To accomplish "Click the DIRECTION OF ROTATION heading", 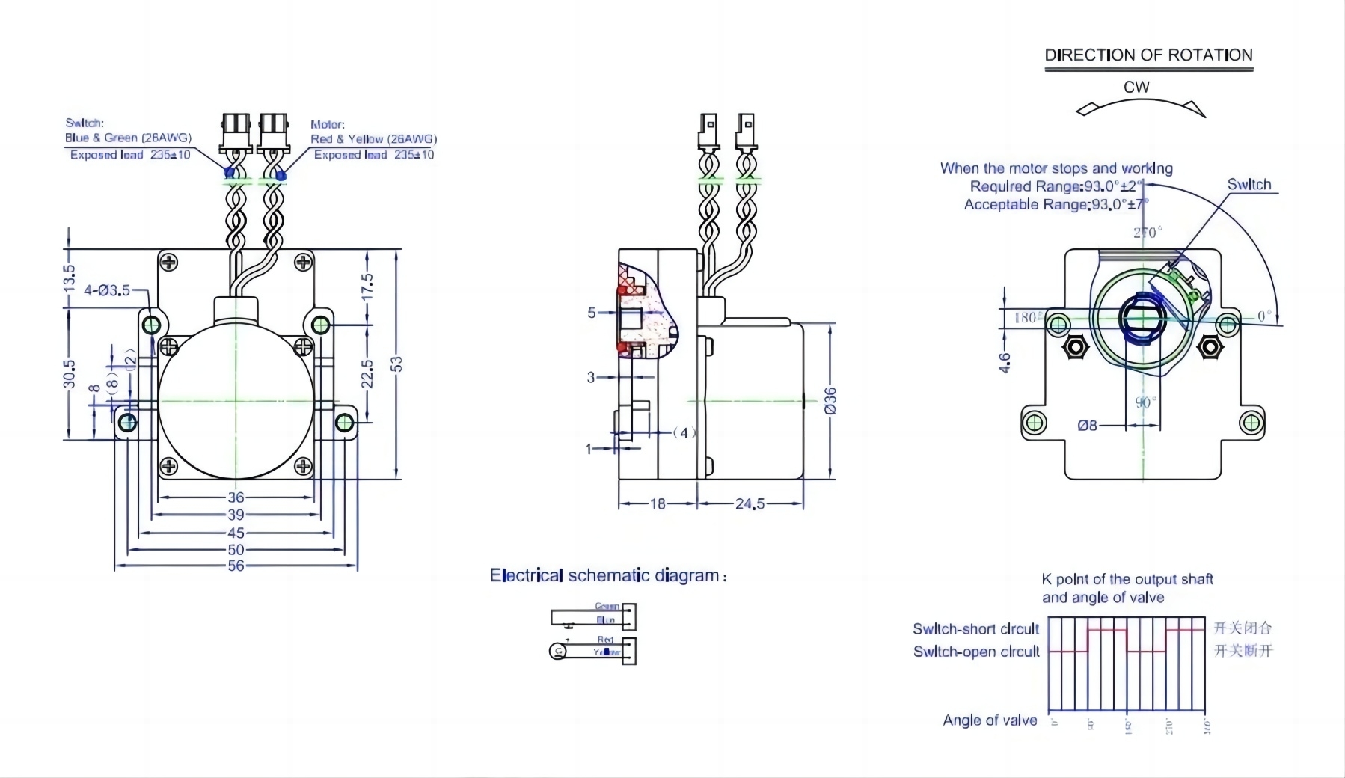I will [x=1148, y=55].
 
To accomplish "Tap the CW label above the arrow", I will [x=1136, y=88].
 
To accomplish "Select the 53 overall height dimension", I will [x=396, y=364].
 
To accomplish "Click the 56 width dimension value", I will [x=236, y=566].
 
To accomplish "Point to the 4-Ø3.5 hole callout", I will [x=106, y=290].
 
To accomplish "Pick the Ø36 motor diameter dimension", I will [x=830, y=400].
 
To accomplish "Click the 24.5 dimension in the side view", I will [x=750, y=504].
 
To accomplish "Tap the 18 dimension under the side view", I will [x=658, y=504].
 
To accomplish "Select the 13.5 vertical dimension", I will [x=70, y=278].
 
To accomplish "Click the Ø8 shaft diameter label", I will [x=1087, y=426].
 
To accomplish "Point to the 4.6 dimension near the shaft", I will [x=1005, y=363].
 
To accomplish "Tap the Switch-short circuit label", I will [x=975, y=629].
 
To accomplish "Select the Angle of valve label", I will [x=990, y=720].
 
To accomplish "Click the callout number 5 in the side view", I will [x=591, y=313].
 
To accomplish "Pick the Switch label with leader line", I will [x=1249, y=185].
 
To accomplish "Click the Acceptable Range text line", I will [x=1055, y=205].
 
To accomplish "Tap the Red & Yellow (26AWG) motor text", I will [x=373, y=139].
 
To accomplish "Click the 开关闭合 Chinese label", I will [x=1243, y=628].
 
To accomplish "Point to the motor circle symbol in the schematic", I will [x=558, y=652].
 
